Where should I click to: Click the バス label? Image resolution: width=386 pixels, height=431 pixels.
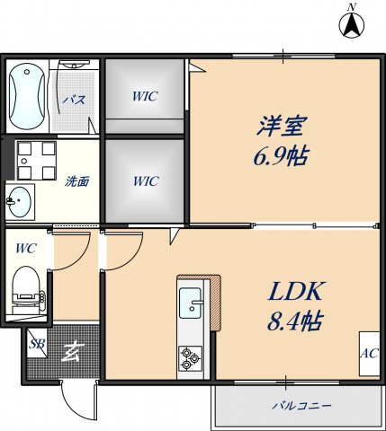pyautogui.click(x=74, y=100)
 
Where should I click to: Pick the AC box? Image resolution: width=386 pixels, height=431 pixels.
pyautogui.click(x=369, y=353)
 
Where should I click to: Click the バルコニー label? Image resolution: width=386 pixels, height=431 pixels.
pyautogui.click(x=301, y=407)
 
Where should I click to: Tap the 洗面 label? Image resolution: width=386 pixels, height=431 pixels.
pyautogui.click(x=76, y=180)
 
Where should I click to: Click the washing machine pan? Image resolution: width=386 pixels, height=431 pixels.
pyautogui.click(x=34, y=160)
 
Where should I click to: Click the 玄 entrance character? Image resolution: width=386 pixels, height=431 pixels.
pyautogui.click(x=69, y=351)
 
